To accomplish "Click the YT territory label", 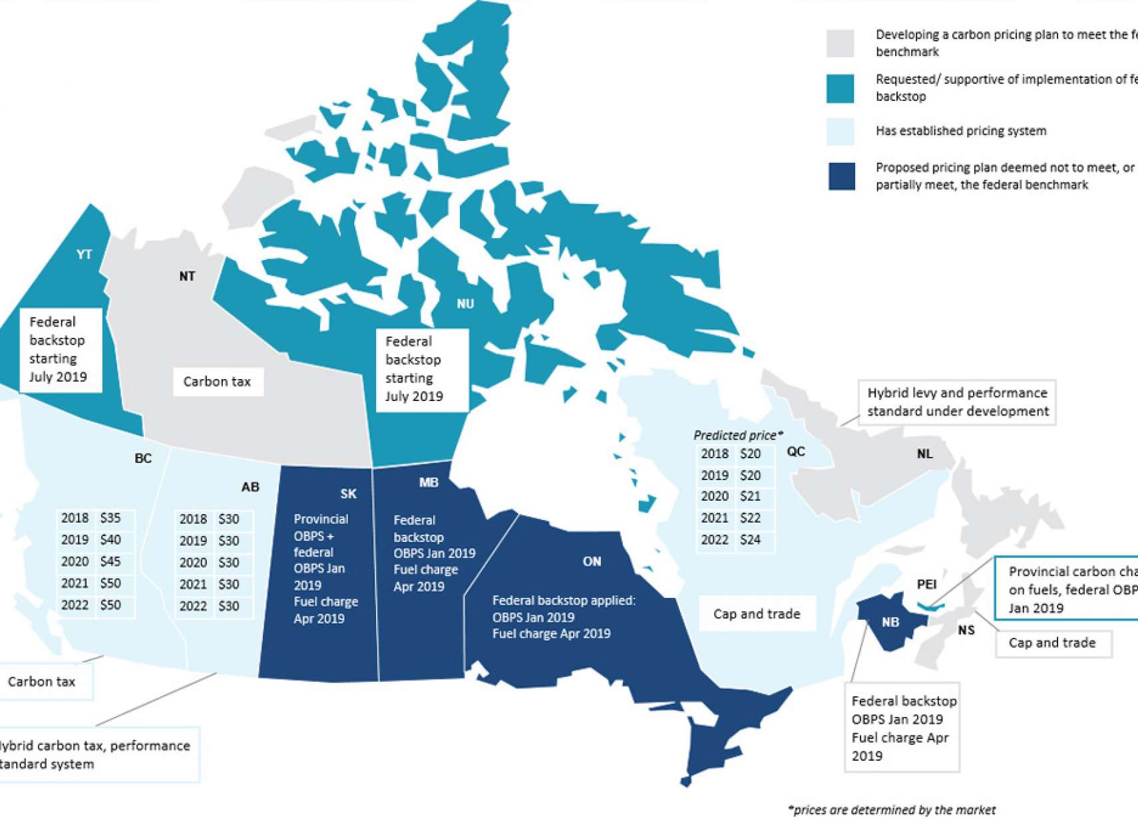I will [x=84, y=254].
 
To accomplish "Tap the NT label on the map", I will [x=187, y=276].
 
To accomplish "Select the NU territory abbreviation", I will [x=465, y=304].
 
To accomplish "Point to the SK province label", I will [x=348, y=493].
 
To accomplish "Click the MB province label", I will [x=429, y=483].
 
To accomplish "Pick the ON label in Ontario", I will [x=592, y=561].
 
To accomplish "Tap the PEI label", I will [x=926, y=584].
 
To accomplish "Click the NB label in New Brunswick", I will [x=890, y=622].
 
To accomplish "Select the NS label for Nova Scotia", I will [x=966, y=630].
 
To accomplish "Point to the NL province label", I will [x=924, y=454].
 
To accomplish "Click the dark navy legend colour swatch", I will [x=841, y=176].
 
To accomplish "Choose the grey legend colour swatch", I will [x=840, y=43].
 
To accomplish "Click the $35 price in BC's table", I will [x=110, y=518].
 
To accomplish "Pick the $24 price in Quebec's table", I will [x=750, y=539].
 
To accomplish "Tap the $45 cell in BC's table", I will [x=110, y=561].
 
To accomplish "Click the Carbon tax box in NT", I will [x=218, y=382].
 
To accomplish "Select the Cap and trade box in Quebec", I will [x=757, y=614].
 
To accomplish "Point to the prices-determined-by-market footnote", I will [x=891, y=809].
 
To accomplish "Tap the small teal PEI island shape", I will [x=930, y=606].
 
